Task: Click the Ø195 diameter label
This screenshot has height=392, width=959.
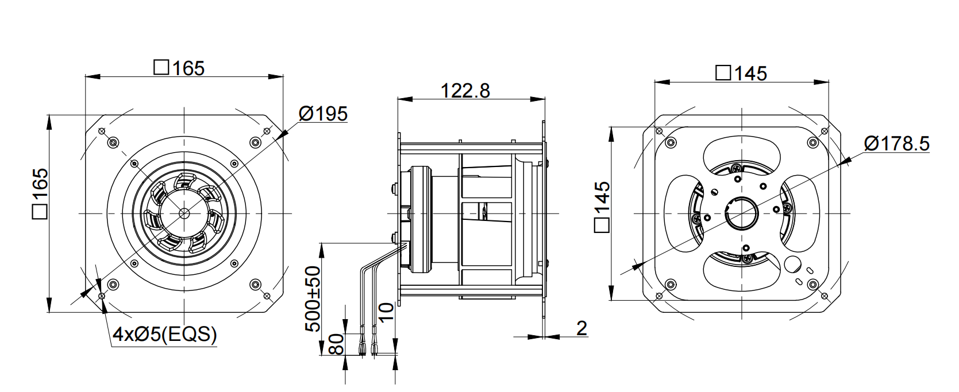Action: click(323, 114)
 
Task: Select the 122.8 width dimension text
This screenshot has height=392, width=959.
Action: click(465, 91)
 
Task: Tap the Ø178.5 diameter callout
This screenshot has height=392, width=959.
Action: click(897, 143)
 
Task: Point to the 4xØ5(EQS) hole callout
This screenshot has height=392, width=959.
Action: click(165, 334)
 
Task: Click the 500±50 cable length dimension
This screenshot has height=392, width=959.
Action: click(313, 298)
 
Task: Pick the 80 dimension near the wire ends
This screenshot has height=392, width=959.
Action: click(337, 344)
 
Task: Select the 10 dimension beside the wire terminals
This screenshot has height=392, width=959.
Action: click(386, 312)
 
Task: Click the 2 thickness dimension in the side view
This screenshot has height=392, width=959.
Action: click(582, 328)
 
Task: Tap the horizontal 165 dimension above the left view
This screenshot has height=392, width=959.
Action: click(179, 68)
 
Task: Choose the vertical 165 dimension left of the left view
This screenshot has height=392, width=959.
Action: click(40, 193)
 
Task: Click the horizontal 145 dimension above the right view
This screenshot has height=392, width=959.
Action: click(741, 73)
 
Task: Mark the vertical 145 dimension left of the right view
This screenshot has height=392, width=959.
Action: click(602, 207)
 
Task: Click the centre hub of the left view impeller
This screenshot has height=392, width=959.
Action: click(184, 212)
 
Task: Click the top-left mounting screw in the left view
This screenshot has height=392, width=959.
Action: click(113, 142)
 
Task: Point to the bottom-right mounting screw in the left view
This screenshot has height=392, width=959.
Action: click(255, 284)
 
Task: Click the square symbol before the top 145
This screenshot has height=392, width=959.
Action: click(723, 73)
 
